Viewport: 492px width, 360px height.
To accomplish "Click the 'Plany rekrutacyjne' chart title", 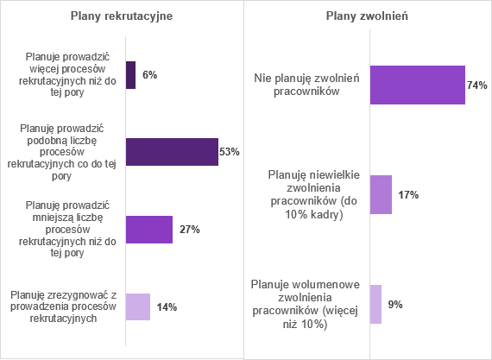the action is click(122, 16).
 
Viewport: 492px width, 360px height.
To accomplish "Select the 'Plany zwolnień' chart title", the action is click(367, 16).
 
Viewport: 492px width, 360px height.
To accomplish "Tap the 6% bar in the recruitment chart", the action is click(131, 75).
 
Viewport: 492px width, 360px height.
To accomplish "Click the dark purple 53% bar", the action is click(173, 152).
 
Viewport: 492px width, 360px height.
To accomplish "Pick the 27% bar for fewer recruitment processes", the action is click(149, 230).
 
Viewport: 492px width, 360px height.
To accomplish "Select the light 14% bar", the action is click(138, 306).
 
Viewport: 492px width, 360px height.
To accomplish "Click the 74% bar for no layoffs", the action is click(418, 85).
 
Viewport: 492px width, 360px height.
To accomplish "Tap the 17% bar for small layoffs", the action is click(381, 194).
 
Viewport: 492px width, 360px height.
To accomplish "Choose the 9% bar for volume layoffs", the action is click(375, 304).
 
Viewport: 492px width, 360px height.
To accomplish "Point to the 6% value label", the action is click(150, 75).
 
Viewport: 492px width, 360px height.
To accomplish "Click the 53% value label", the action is click(230, 152).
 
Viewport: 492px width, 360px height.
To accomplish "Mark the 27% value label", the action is click(190, 230).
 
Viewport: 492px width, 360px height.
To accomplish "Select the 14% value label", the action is click(167, 307).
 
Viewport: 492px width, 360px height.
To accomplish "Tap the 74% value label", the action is click(477, 85).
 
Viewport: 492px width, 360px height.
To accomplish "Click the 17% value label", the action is click(408, 195).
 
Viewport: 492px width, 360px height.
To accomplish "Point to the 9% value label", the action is click(395, 305).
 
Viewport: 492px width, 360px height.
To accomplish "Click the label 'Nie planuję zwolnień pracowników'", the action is click(307, 85).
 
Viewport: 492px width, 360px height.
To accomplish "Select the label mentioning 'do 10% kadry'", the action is click(314, 194).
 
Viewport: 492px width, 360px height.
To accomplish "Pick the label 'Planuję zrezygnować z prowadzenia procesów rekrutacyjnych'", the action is click(63, 306).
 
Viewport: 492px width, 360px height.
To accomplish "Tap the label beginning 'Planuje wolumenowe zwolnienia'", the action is click(306, 304).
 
